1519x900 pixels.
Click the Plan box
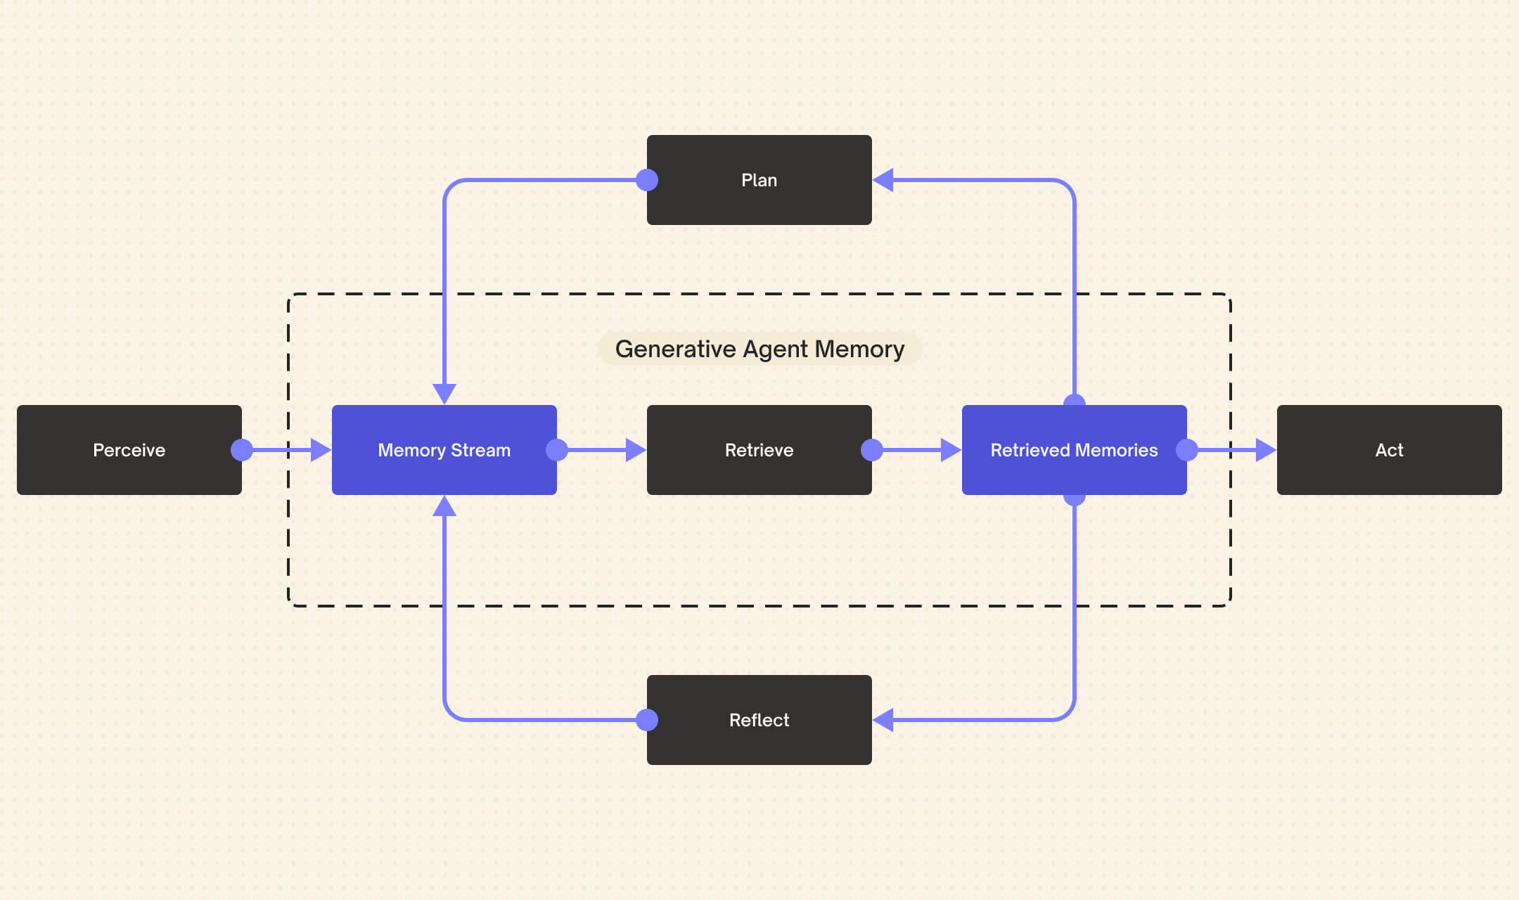pyautogui.click(x=759, y=180)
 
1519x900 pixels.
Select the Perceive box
pyautogui.click(x=129, y=450)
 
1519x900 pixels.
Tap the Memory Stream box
pyautogui.click(x=444, y=450)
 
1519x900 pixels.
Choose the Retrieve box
pyautogui.click(x=759, y=450)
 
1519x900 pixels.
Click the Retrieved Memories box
pyautogui.click(x=1075, y=450)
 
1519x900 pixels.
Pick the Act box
pyautogui.click(x=1390, y=450)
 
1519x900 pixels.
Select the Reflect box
pyautogui.click(x=759, y=720)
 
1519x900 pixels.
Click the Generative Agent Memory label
pyautogui.click(x=759, y=349)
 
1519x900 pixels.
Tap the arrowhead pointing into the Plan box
pyautogui.click(x=883, y=180)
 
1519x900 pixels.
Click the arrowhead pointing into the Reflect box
pyautogui.click(x=883, y=720)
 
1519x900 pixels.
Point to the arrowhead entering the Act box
pyautogui.click(x=1267, y=450)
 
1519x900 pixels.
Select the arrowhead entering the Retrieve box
pyautogui.click(x=636, y=450)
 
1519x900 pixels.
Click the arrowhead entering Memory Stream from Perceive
pyautogui.click(x=321, y=450)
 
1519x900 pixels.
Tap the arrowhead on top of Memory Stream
pyautogui.click(x=444, y=394)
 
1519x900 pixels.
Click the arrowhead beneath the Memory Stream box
pyautogui.click(x=444, y=506)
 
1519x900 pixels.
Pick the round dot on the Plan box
pyautogui.click(x=647, y=180)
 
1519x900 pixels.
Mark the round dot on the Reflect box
pyautogui.click(x=647, y=720)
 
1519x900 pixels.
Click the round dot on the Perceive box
pyautogui.click(x=242, y=450)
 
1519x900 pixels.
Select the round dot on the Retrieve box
pyautogui.click(x=872, y=450)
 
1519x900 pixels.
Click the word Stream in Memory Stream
pyautogui.click(x=480, y=450)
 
